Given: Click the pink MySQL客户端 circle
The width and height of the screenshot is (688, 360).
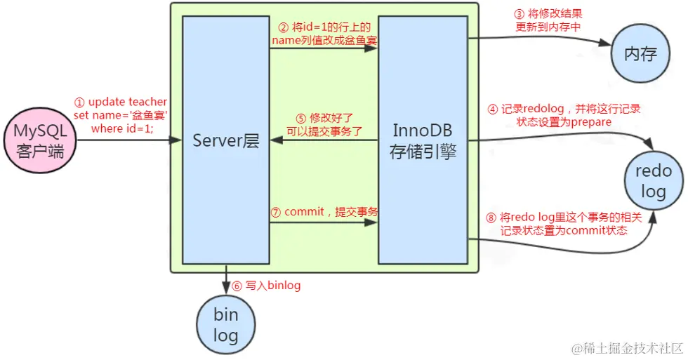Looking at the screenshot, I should [x=39, y=141].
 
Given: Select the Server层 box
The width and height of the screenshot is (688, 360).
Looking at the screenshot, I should [x=225, y=141].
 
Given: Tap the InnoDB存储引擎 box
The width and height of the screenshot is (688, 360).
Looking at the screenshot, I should [x=423, y=141].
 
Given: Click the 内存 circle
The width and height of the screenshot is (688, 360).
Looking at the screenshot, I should [x=640, y=53].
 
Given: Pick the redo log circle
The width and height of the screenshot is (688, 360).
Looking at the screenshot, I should [x=653, y=182].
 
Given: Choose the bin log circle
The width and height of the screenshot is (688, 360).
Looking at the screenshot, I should [x=225, y=324].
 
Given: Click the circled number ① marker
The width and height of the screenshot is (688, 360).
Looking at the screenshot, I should [x=80, y=102].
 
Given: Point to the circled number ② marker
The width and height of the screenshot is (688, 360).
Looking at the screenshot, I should [x=284, y=27].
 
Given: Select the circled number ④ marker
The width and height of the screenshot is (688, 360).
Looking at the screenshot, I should [x=493, y=109].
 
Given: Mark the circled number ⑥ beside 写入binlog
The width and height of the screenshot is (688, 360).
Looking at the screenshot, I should [x=237, y=286].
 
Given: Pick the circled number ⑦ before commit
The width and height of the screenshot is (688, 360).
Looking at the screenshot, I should [x=277, y=211].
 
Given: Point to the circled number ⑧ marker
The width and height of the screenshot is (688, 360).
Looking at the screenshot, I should [x=491, y=218].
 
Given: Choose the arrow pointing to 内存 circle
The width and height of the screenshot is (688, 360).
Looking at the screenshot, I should [x=541, y=41].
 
